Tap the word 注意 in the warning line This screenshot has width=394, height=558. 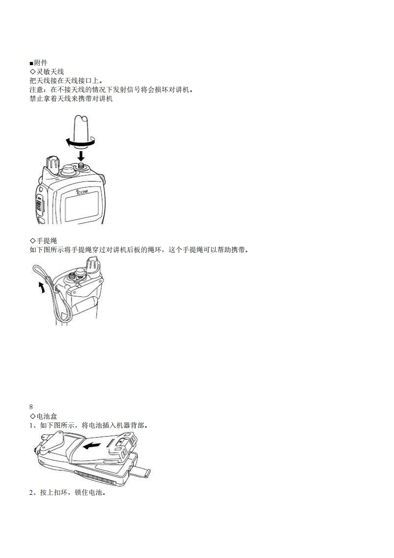(37, 90)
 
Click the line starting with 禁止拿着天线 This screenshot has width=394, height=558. (71, 98)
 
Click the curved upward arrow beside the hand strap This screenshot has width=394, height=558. (41, 287)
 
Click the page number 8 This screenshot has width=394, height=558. (32, 406)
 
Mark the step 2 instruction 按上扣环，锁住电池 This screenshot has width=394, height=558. (67, 494)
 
